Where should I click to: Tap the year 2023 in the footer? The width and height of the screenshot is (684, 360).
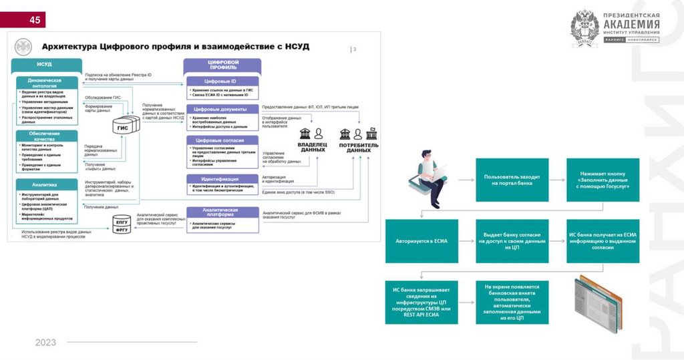(46, 343)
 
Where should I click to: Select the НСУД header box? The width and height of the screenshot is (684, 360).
(44, 64)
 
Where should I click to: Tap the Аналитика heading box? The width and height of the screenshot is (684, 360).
(44, 184)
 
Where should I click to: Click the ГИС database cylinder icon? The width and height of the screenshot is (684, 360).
(124, 126)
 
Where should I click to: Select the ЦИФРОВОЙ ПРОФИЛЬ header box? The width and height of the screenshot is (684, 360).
(222, 65)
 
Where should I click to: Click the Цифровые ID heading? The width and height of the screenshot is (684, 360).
(222, 81)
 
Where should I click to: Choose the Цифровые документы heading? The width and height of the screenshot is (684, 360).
(222, 109)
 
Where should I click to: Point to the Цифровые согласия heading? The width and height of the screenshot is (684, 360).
(222, 140)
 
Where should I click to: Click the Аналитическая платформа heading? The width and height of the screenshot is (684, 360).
(222, 212)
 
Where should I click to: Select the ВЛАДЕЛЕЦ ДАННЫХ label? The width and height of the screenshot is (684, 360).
(312, 147)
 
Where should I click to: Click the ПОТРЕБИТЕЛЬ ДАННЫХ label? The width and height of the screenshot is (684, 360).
(359, 147)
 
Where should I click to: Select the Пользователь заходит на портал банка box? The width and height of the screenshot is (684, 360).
(512, 179)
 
